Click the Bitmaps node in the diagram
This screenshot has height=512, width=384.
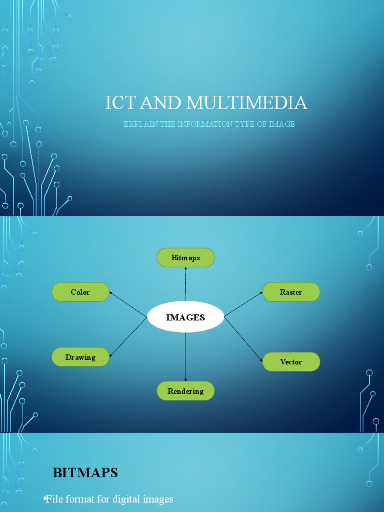click(186, 258)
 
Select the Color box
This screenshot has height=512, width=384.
click(80, 292)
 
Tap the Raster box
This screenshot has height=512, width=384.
click(291, 292)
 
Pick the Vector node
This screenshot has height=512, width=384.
click(291, 362)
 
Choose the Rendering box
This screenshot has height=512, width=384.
click(186, 391)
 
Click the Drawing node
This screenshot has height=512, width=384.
click(80, 357)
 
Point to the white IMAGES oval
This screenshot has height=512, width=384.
click(186, 317)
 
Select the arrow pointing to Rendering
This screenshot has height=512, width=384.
click(186, 357)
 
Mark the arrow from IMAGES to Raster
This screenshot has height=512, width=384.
click(244, 304)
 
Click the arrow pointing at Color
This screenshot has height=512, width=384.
click(128, 304)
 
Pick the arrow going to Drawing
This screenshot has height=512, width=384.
click(128, 337)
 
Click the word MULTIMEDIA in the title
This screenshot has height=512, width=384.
click(247, 103)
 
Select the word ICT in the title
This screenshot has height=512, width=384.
click(121, 103)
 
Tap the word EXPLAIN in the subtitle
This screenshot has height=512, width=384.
click(140, 124)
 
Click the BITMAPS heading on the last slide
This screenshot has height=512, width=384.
click(85, 473)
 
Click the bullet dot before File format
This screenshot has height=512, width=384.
click(45, 499)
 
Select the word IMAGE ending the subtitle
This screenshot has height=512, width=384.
click(282, 124)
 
